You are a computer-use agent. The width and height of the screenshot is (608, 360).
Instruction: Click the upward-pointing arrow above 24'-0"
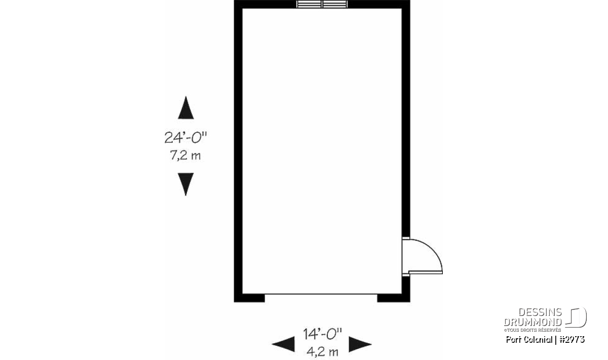(185, 108)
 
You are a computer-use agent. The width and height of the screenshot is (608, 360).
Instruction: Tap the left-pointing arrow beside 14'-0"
(283, 344)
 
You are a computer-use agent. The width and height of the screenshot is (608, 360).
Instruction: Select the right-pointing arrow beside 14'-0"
(360, 344)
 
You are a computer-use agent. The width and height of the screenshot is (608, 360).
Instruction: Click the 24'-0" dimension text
(185, 138)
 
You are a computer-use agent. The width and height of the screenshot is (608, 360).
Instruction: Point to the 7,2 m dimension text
(185, 155)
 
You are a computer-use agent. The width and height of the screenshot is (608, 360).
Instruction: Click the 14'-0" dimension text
(322, 334)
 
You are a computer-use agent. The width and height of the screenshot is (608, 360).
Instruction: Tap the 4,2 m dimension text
(322, 352)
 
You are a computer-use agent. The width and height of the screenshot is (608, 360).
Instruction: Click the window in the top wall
(322, 4)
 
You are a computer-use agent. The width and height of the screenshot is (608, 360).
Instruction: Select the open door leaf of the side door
(426, 272)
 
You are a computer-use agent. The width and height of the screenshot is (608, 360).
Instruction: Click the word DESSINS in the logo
(540, 312)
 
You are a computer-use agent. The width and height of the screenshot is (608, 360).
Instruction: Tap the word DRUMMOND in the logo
(533, 322)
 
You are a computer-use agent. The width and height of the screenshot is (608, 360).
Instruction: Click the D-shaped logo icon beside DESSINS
(576, 317)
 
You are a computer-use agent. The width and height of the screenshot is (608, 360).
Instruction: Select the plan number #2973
(572, 340)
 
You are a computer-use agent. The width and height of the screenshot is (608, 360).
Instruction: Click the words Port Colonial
(529, 340)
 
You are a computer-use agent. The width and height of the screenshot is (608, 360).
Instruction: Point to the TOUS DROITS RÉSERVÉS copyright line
(533, 330)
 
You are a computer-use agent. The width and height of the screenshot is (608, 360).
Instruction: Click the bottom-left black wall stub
(249, 298)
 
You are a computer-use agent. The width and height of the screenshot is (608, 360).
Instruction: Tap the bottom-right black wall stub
(394, 298)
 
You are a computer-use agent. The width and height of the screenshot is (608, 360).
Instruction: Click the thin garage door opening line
(321, 294)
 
